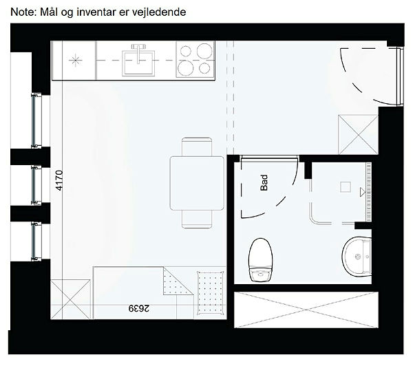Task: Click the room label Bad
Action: (264, 182)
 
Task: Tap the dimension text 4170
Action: (59, 181)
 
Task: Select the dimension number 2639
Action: (139, 308)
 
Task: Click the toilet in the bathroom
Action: (260, 260)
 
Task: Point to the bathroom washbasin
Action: (357, 256)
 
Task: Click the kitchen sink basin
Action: (138, 63)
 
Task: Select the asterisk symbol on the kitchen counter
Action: (75, 61)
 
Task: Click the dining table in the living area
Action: (197, 183)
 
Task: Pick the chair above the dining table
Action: (197, 147)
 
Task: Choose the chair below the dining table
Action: (197, 219)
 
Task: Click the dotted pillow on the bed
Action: (211, 293)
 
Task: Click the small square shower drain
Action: (346, 187)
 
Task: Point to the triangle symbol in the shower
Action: (363, 192)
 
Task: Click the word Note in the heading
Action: (23, 12)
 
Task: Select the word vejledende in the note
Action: (159, 12)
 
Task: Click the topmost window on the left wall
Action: (36, 120)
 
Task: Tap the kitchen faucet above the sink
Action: (138, 54)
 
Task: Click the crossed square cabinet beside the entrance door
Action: (358, 135)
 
